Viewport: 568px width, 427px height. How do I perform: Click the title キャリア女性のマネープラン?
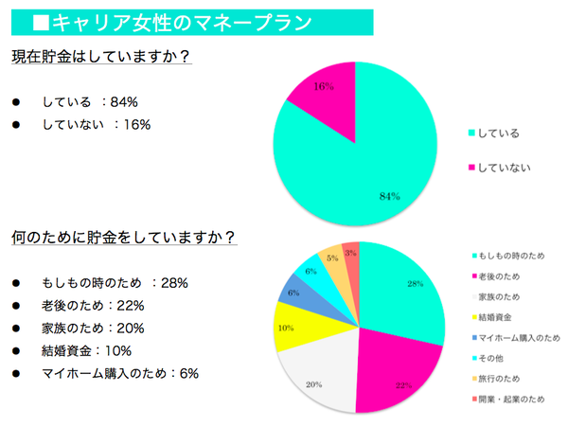point(199,20)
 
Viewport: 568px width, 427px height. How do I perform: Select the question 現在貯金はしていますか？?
point(102,57)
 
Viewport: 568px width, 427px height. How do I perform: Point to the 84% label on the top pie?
point(387,195)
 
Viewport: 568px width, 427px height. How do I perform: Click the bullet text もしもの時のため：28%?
point(115,282)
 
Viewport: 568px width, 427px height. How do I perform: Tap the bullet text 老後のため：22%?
point(92,305)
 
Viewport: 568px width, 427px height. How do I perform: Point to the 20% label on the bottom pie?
point(313,384)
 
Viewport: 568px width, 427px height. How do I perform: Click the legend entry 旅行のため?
point(503,379)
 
